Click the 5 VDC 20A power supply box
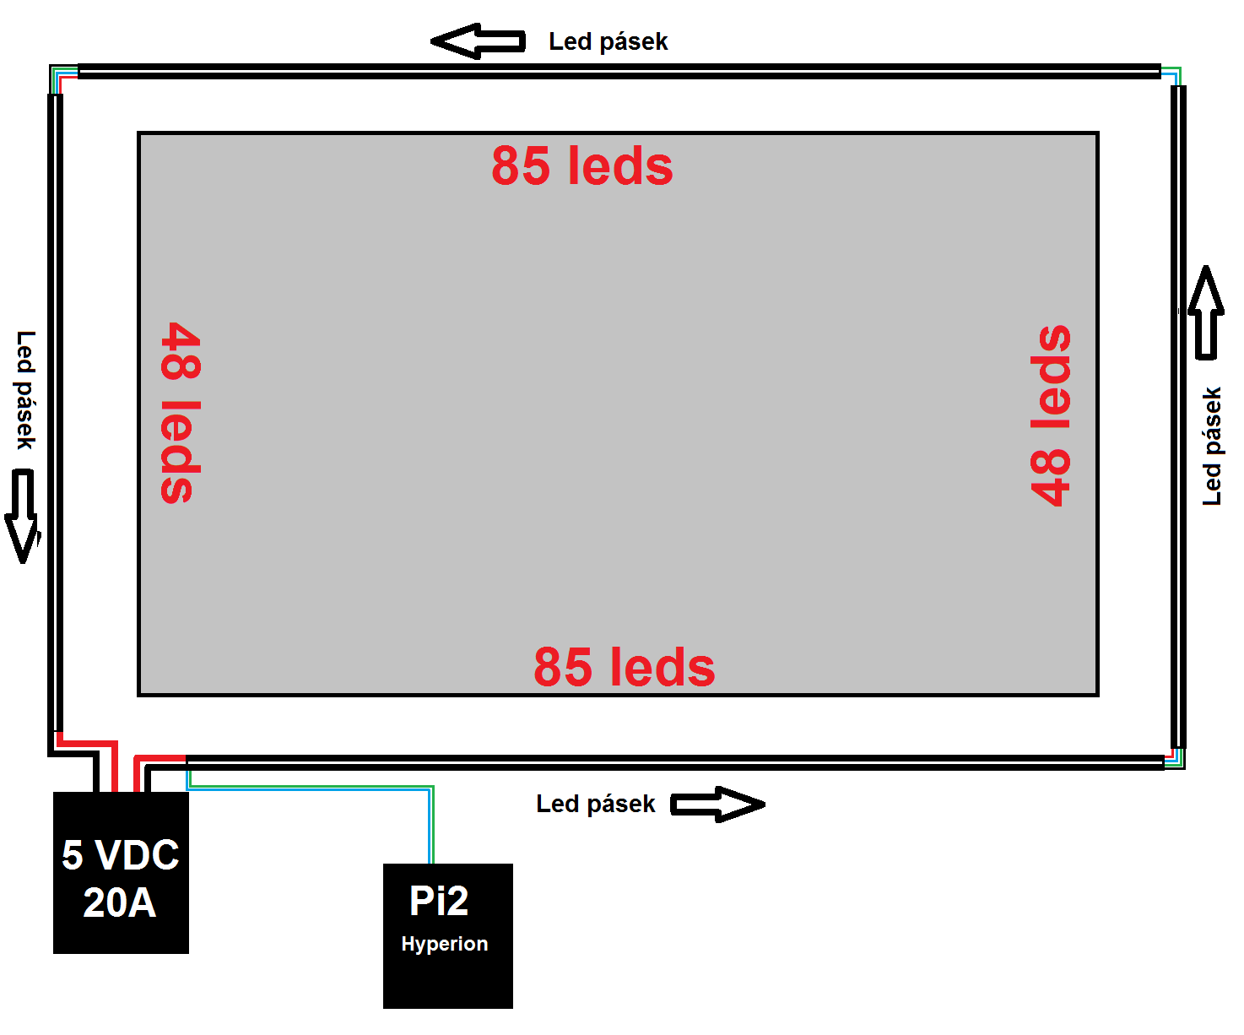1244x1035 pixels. click(121, 874)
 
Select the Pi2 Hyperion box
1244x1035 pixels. click(447, 935)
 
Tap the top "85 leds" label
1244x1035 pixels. click(582, 165)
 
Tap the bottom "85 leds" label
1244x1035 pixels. click(625, 667)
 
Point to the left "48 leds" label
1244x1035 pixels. click(181, 413)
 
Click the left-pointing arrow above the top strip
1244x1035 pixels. click(478, 41)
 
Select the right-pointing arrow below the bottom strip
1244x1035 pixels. click(717, 805)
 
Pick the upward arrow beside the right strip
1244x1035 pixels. click(1206, 312)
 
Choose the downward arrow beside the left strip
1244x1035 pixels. click(23, 516)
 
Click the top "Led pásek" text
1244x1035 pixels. click(608, 41)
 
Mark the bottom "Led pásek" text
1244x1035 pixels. click(595, 804)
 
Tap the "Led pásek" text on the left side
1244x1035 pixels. click(26, 390)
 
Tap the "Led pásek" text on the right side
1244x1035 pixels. click(1212, 447)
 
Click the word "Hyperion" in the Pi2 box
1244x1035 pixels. click(445, 944)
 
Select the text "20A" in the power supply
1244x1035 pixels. click(120, 902)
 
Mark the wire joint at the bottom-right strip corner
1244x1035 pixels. click(1174, 759)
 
